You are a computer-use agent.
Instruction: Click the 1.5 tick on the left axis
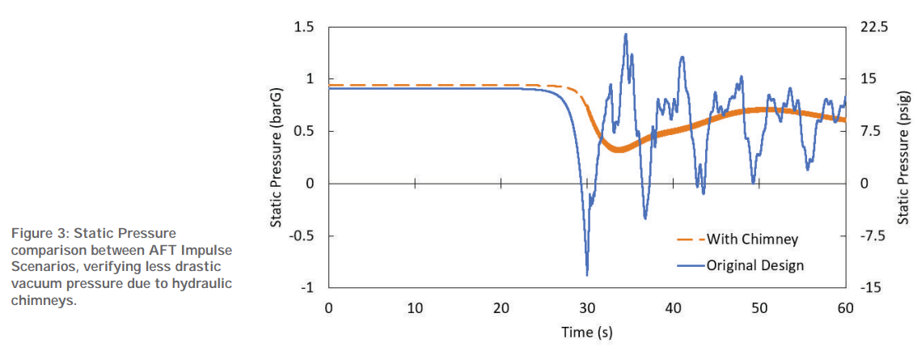click(303, 28)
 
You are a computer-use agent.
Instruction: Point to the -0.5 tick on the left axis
click(300, 236)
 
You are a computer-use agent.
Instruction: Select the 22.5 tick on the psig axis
click(872, 28)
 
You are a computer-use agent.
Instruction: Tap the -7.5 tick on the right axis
click(871, 236)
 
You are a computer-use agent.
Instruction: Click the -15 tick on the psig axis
click(868, 288)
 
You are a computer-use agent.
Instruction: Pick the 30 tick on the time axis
click(587, 308)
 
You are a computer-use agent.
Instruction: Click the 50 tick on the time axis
click(759, 308)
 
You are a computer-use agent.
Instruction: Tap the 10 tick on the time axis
click(415, 308)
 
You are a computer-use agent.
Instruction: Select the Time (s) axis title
click(588, 332)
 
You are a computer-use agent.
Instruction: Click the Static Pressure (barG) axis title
click(276, 158)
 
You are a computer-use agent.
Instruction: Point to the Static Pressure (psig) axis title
click(904, 158)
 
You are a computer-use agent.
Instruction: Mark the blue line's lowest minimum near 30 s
click(586, 275)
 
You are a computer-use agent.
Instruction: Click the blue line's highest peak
click(626, 35)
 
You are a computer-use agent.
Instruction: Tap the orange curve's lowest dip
click(618, 150)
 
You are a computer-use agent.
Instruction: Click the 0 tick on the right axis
click(863, 184)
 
